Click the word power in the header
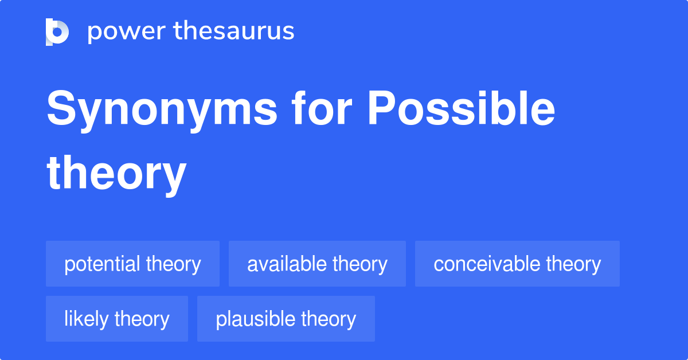pos(120,32)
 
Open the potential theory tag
pos(132,264)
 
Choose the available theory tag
pos(317,264)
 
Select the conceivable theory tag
pos(517,264)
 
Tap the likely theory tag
pos(117,319)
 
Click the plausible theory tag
pos(286,319)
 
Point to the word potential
pos(103,264)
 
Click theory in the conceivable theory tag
pos(573,264)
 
